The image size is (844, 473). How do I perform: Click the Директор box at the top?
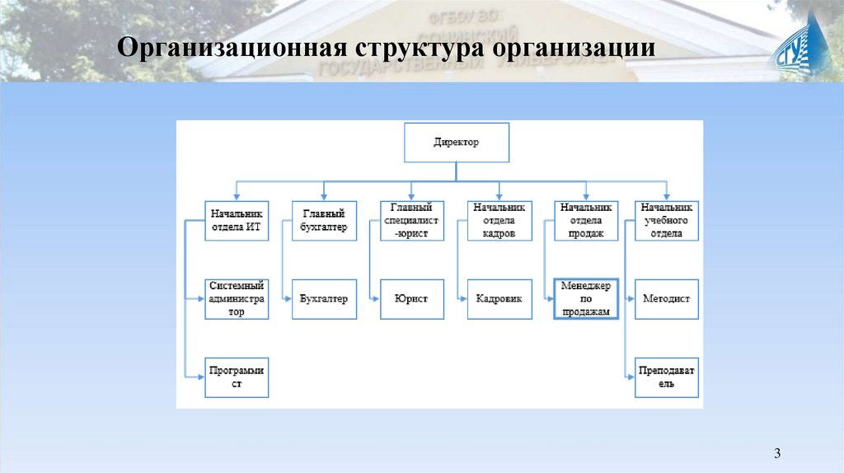pos(456,143)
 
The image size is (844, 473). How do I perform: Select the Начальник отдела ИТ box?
pos(237,220)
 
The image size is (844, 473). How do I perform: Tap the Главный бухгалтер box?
pos(324,220)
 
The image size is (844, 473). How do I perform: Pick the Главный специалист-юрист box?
pos(411,220)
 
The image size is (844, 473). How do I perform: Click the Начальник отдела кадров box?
pos(499,220)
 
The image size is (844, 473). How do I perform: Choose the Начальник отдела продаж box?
pos(585,220)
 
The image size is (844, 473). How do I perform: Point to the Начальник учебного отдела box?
pos(667,220)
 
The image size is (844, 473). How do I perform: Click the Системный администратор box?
pos(237,298)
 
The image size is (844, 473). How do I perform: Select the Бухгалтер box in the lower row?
pos(324,298)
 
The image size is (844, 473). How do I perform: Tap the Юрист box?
pos(411,298)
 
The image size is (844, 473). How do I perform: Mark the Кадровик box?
pos(499,298)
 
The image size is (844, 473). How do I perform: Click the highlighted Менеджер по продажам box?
pos(585,298)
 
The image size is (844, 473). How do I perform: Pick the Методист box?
pos(667,298)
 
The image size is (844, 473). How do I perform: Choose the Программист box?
pos(237,377)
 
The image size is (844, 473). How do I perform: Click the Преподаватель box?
pos(667,377)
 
